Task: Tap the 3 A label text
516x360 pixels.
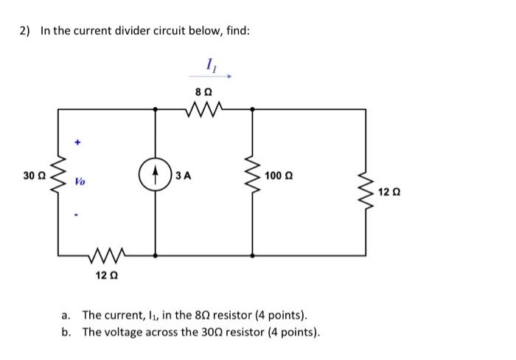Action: [x=184, y=176]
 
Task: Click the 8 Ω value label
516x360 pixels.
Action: [x=203, y=91]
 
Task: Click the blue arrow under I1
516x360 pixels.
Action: [x=211, y=75]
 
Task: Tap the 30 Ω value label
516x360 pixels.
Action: [x=32, y=175]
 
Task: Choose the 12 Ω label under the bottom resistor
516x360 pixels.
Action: [x=104, y=275]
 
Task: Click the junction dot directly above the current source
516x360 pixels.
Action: [x=156, y=109]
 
